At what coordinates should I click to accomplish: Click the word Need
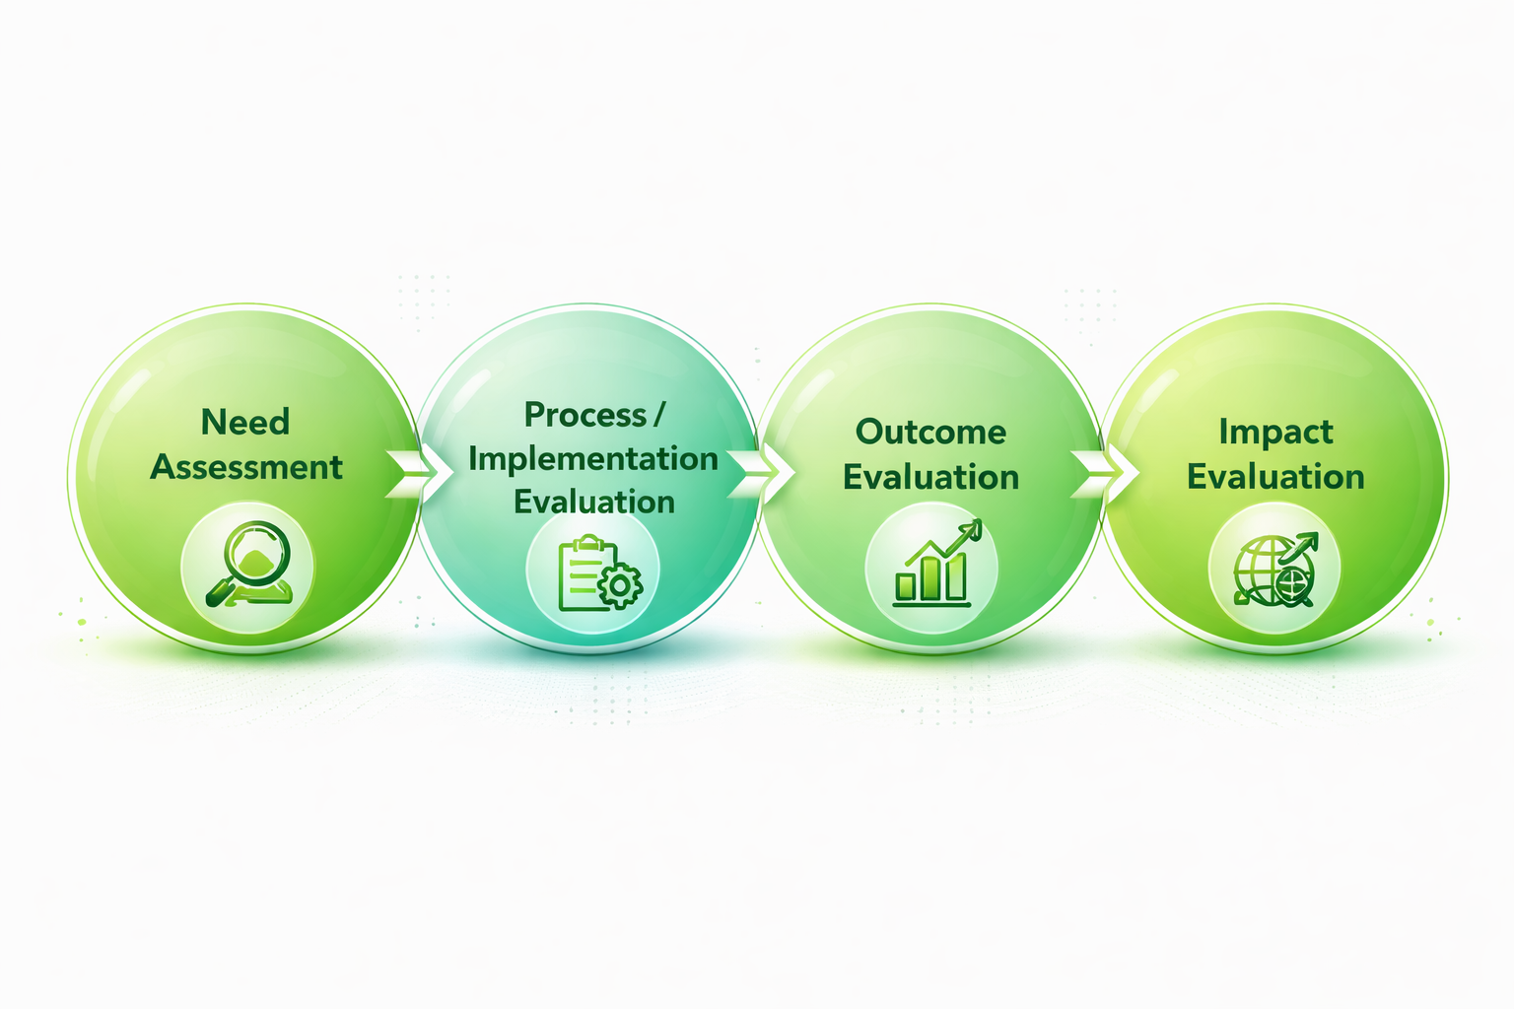(245, 422)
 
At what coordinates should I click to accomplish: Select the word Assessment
(246, 467)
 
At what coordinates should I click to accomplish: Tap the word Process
(585, 415)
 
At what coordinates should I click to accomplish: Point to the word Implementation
(592, 458)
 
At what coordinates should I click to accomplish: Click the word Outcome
(930, 432)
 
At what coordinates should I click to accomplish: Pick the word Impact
(1275, 432)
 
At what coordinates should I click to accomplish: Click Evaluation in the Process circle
(594, 502)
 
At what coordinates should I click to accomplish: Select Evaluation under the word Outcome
(930, 477)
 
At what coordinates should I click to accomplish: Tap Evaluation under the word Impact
(1275, 477)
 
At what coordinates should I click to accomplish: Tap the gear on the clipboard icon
(620, 585)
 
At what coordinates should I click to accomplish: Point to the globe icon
(1264, 570)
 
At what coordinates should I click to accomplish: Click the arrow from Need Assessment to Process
(411, 473)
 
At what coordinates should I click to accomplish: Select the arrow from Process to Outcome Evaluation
(754, 473)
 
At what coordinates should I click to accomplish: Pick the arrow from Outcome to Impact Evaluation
(1096, 473)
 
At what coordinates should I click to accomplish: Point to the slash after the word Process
(657, 415)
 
